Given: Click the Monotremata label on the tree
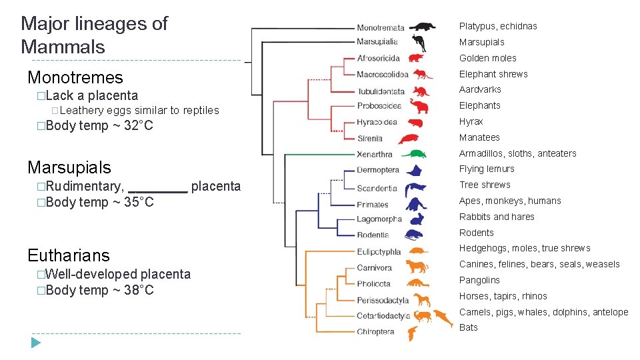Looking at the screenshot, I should coord(380,27).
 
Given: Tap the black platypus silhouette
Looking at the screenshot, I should coord(422,27).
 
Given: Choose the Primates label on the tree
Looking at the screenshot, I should coord(372,205).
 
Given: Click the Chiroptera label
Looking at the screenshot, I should coord(375,331).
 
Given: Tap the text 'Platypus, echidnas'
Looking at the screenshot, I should coord(497,26).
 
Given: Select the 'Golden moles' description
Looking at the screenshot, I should coord(487,58).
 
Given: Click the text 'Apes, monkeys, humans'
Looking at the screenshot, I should coord(510,201).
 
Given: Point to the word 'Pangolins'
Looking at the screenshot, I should coord(479,280).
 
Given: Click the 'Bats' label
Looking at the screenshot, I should coord(469,327).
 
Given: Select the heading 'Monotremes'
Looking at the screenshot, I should coord(75,77).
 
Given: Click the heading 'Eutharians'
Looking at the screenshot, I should coord(69,255).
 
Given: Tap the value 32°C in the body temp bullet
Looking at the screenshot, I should coord(139,126).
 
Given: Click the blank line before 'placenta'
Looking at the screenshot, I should coord(157,187).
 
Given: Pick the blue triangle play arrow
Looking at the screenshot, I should coord(36,343).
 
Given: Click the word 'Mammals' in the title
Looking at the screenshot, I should coord(63,47).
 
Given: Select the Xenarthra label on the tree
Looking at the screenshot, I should coord(375,155).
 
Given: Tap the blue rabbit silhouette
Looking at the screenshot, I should coord(417,219).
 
